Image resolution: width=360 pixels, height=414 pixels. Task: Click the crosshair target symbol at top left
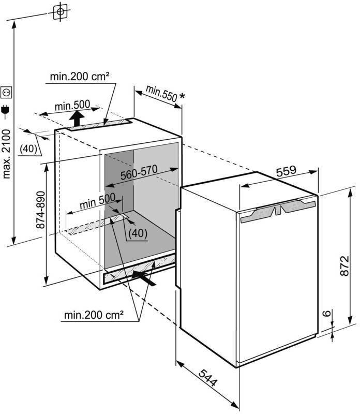[x=61, y=11]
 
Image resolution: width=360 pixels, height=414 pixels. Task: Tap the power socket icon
[x=7, y=93]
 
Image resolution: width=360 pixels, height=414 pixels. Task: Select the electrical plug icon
[x=7, y=110]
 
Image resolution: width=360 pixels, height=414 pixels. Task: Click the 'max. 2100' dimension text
[x=7, y=153]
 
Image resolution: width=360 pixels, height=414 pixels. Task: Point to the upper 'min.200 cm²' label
[x=79, y=77]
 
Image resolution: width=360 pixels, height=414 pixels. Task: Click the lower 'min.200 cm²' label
[x=94, y=314]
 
